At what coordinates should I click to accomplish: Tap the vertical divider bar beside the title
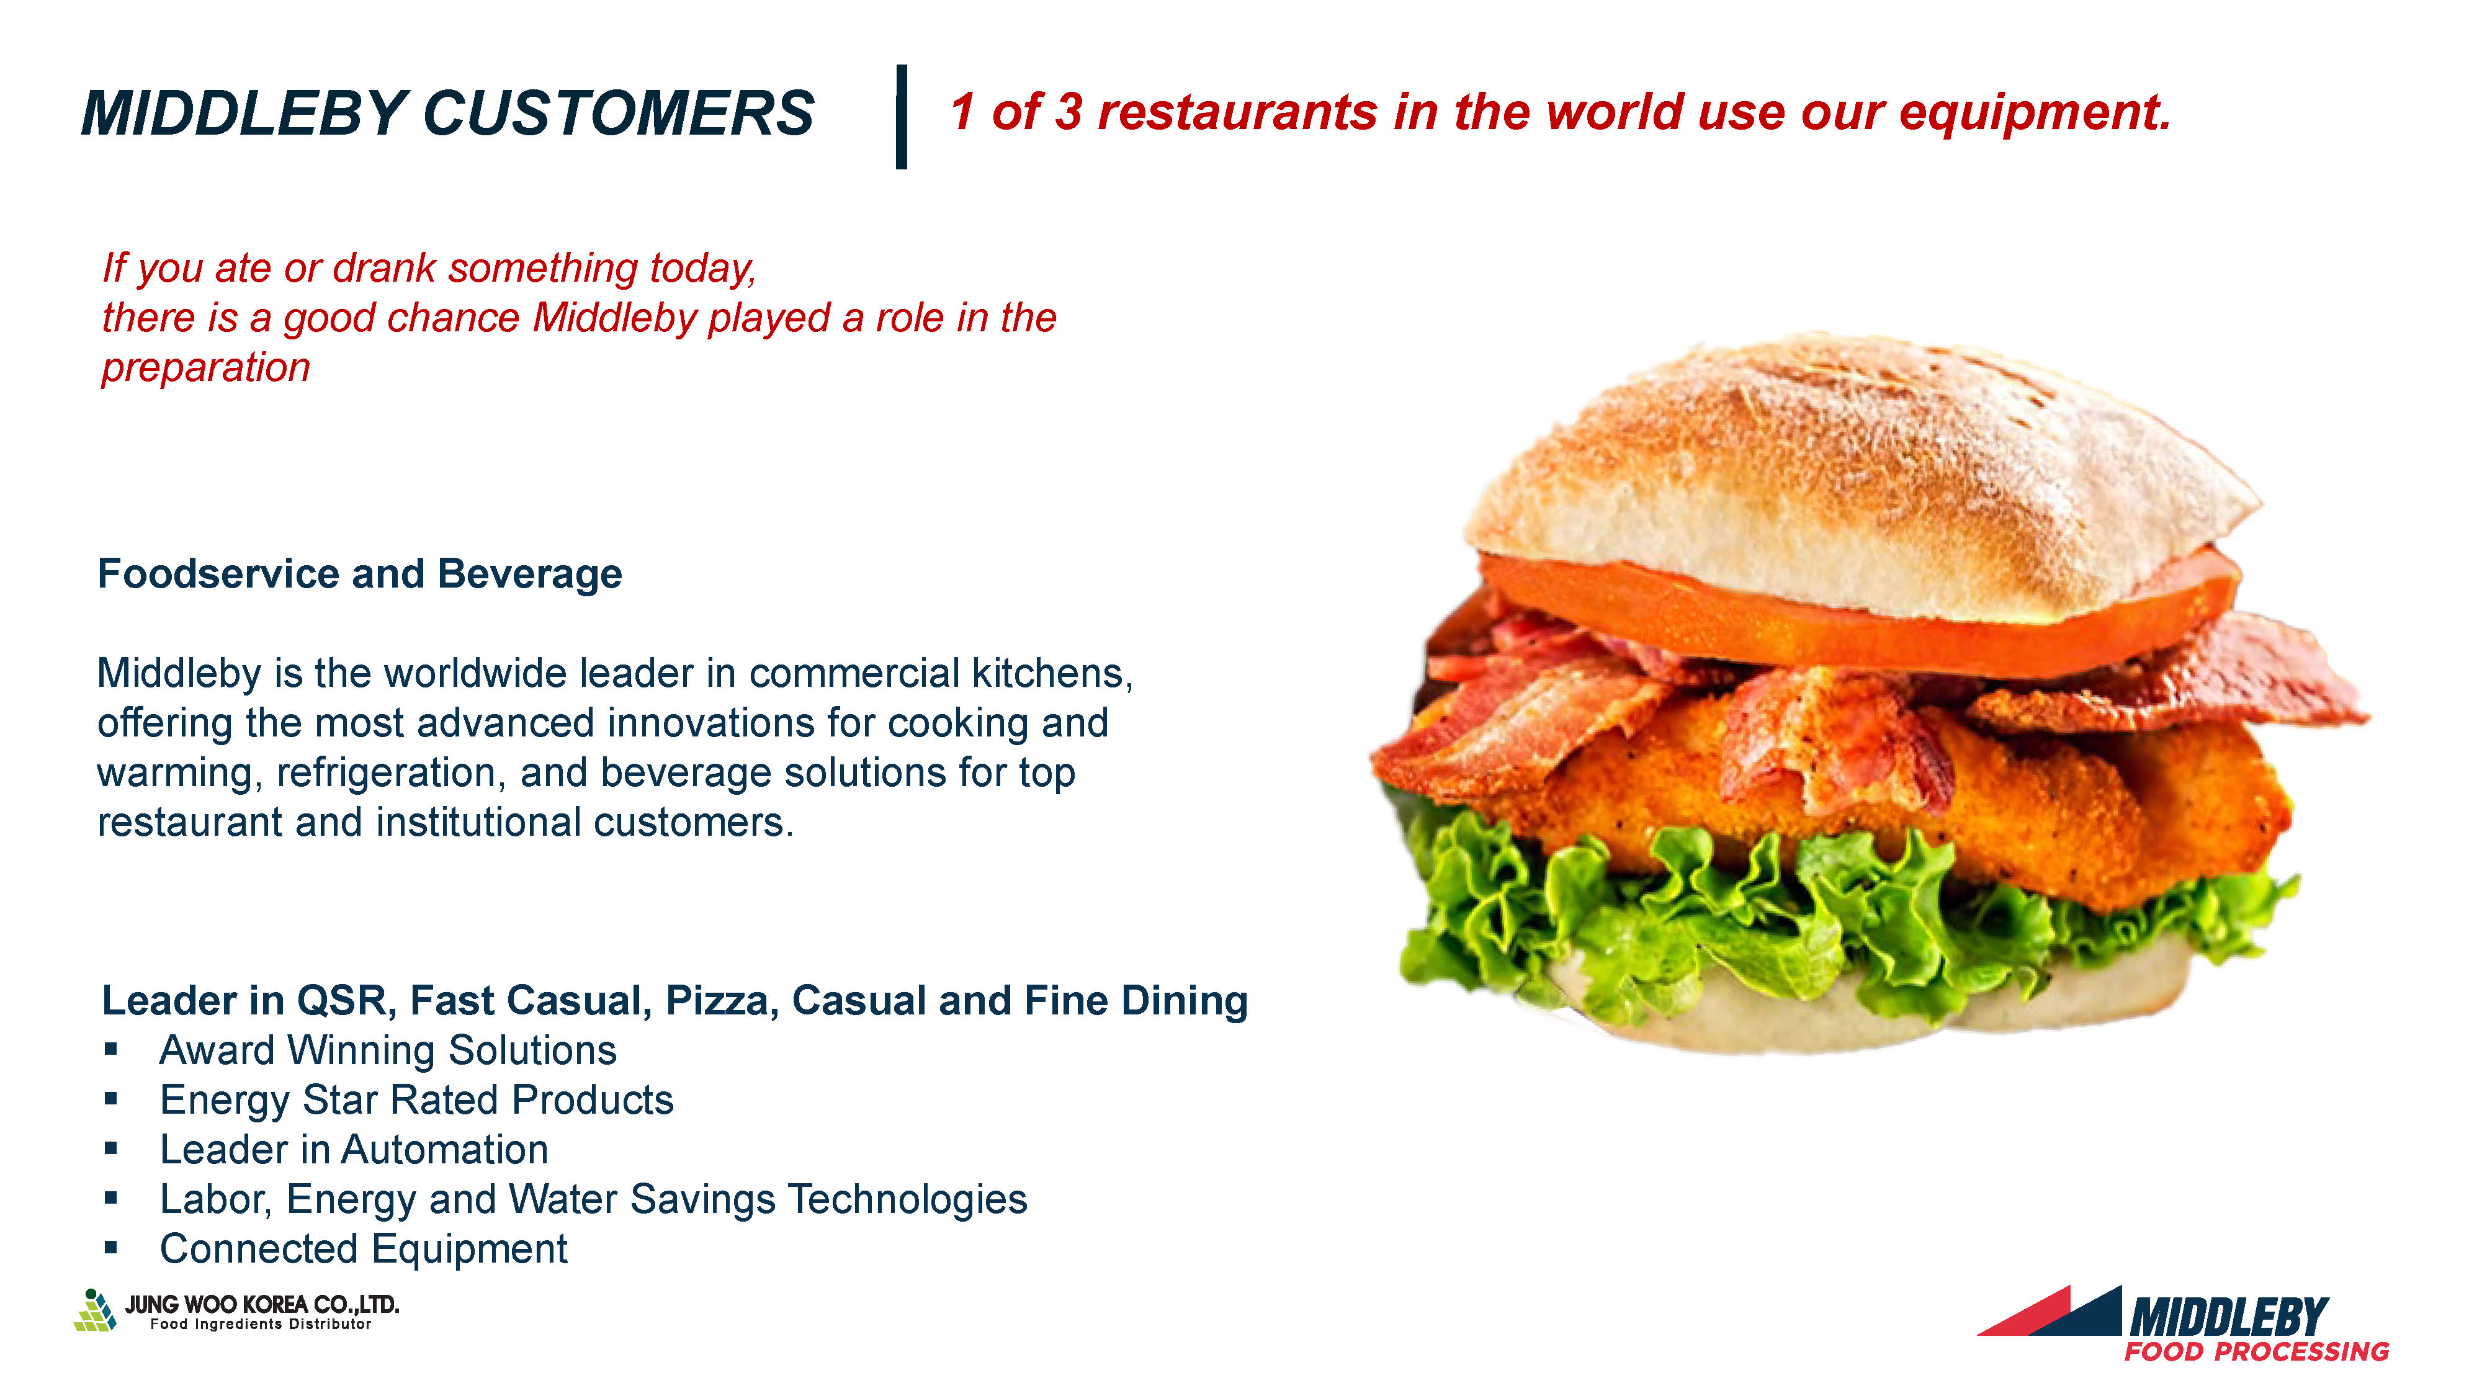pos(902,117)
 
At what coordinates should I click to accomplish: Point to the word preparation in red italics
pos(206,368)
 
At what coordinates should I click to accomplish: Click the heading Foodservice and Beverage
pos(361,573)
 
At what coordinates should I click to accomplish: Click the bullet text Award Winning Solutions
pos(387,1050)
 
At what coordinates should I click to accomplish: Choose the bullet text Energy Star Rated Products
pos(416,1100)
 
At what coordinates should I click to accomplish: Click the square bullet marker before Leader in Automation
pos(111,1148)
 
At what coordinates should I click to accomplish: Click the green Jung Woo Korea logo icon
pos(96,1310)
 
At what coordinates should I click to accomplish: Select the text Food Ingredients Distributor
pos(260,1325)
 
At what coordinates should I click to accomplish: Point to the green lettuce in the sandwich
pos(1830,915)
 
